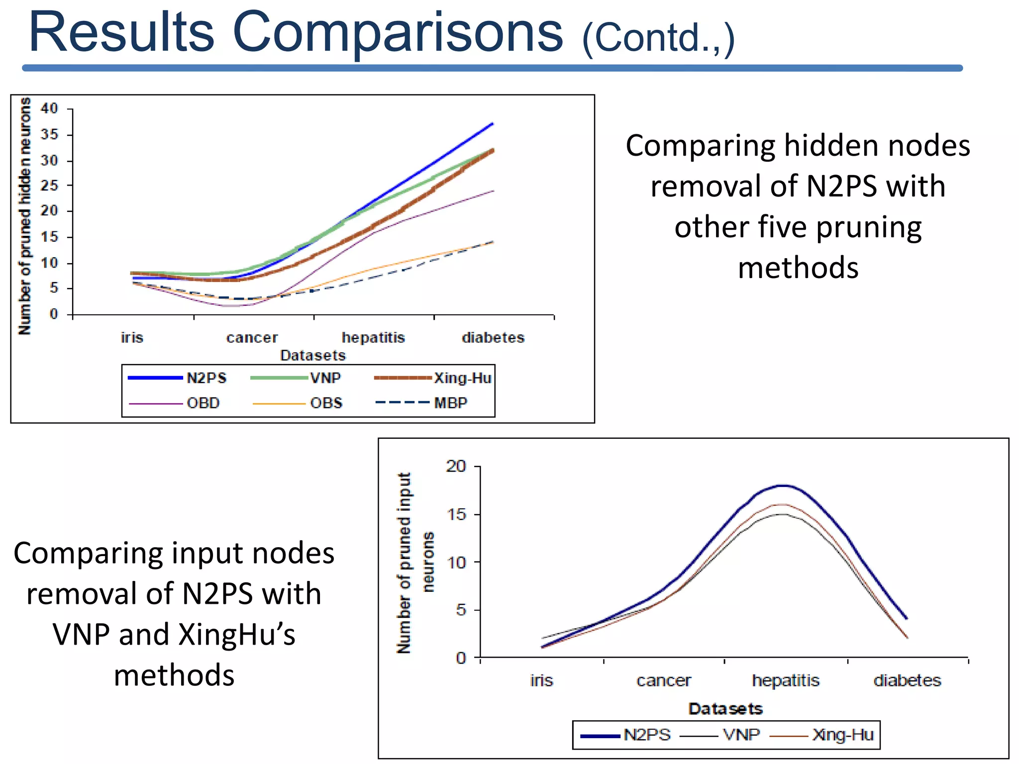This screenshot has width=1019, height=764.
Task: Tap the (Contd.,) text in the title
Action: (x=658, y=39)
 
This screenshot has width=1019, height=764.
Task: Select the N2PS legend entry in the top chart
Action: (x=206, y=378)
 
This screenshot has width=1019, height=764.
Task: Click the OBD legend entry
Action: (x=203, y=403)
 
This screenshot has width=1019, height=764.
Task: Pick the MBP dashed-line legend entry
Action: (x=450, y=403)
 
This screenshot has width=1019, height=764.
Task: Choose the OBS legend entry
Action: (x=326, y=403)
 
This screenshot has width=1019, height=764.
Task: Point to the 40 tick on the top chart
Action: (x=49, y=108)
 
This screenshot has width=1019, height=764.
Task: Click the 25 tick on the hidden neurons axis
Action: (x=49, y=186)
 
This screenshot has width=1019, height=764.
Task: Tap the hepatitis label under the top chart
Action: (x=373, y=338)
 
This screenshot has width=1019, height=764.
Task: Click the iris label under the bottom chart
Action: (x=541, y=680)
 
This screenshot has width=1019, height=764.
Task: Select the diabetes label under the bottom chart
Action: (x=907, y=680)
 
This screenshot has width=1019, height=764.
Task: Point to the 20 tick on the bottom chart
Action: (x=456, y=466)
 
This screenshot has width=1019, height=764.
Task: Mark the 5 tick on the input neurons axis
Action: (x=461, y=610)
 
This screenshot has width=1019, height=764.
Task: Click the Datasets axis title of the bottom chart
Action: (x=725, y=709)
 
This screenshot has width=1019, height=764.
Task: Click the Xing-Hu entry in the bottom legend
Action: (x=842, y=735)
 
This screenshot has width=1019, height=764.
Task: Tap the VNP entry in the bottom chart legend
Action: (x=741, y=735)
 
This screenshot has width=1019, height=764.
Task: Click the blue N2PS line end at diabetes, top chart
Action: (x=492, y=123)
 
